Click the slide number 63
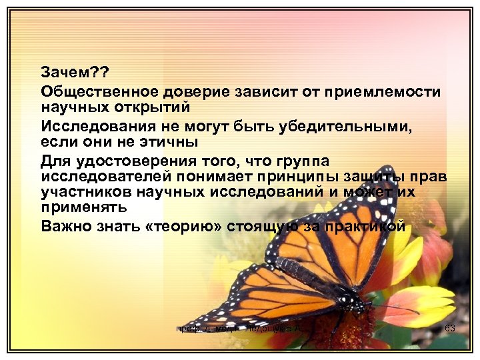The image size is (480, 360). pyautogui.click(x=449, y=328)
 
